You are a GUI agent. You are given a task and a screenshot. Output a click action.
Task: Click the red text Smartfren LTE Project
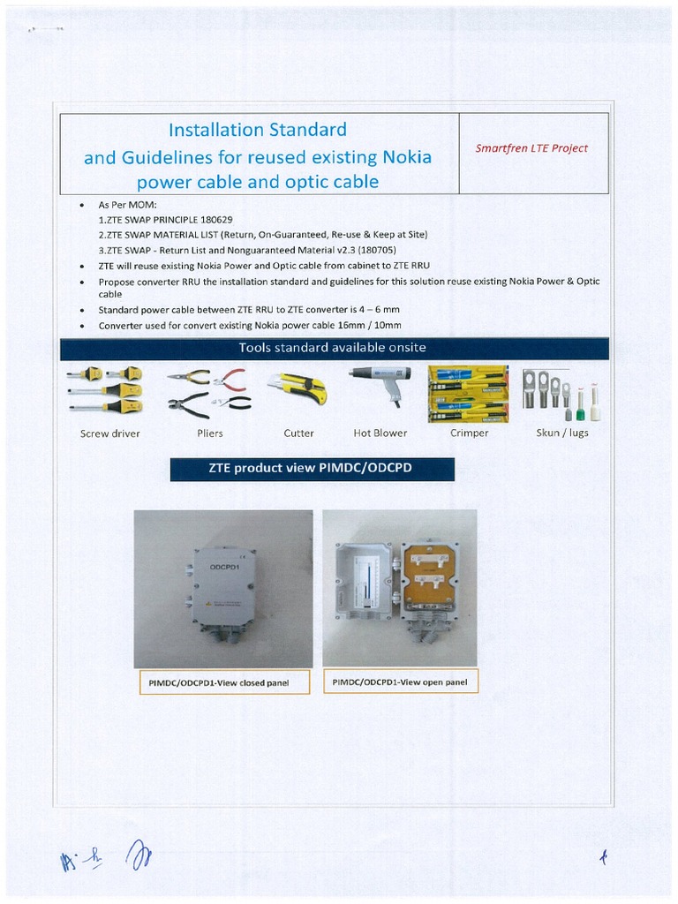531,148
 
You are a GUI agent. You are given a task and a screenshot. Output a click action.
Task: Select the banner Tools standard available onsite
332,347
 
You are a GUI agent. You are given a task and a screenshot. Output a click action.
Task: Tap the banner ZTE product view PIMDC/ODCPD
312,469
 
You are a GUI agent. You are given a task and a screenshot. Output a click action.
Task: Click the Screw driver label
110,433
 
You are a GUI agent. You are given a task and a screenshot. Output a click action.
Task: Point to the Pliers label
210,433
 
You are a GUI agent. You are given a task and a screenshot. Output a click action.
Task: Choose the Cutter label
298,433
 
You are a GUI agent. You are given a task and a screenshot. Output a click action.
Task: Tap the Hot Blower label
380,433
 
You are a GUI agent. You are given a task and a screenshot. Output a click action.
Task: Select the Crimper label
469,433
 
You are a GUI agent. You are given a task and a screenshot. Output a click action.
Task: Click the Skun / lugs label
562,433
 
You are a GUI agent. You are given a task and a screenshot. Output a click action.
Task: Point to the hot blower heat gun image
381,381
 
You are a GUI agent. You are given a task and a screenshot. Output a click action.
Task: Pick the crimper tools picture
468,394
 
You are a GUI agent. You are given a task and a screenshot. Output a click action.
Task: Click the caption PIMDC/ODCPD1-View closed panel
224,682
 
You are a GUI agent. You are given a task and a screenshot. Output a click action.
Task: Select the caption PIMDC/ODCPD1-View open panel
400,682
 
